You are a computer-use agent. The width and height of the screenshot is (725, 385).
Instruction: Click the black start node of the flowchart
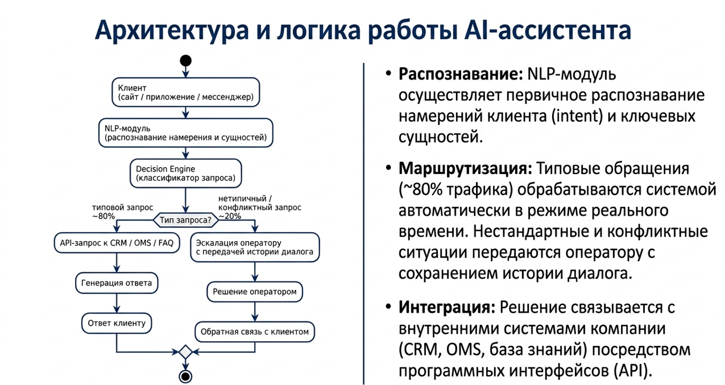coord(185,60)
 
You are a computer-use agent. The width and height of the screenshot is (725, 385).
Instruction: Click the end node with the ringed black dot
coord(185,376)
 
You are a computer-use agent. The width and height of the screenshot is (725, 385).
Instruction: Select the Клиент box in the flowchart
coord(186,92)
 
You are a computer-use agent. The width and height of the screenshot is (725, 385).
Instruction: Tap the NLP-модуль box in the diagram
coord(186,133)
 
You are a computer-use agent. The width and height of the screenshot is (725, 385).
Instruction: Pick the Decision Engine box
coord(186,173)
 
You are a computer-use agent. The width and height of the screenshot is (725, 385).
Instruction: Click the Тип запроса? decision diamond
coord(186,220)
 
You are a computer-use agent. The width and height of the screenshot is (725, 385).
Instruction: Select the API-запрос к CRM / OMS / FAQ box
coord(117,243)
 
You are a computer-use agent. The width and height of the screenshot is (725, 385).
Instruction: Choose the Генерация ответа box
coord(117,283)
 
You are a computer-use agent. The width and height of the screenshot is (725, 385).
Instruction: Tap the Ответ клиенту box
coord(117,323)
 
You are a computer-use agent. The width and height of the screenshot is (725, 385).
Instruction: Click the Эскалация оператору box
coord(255,247)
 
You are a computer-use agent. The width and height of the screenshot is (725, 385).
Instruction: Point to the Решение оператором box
coord(255,292)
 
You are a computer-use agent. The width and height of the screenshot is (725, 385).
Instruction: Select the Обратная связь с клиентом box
coord(255,332)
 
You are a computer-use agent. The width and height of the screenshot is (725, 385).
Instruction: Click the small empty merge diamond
coord(186,352)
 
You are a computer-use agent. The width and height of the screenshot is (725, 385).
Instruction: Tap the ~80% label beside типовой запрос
coord(103,216)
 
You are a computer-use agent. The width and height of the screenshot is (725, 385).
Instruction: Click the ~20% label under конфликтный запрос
coord(230,216)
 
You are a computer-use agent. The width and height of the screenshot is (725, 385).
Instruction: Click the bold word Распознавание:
coord(461,74)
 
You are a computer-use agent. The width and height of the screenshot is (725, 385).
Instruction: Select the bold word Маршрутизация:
coord(466,169)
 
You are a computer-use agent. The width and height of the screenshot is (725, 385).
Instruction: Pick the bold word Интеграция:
coord(447,307)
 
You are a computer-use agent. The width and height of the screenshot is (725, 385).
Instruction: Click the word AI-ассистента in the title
coord(548,30)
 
